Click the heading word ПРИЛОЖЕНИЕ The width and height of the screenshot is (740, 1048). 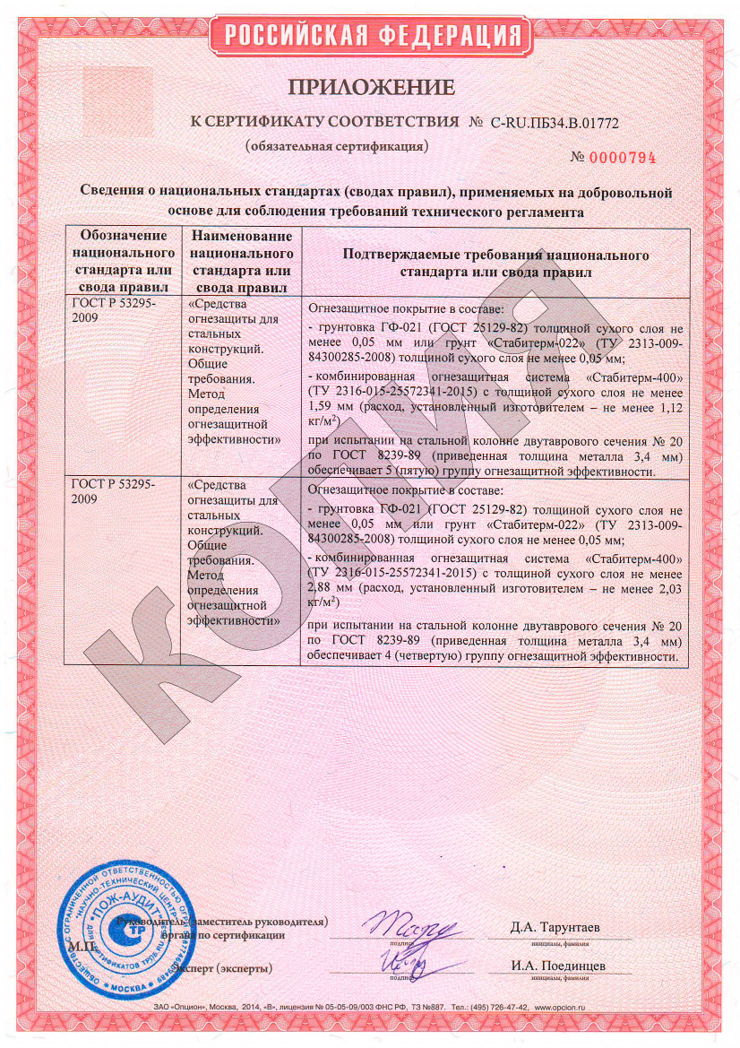370,87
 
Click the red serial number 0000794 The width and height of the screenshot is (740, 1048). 624,158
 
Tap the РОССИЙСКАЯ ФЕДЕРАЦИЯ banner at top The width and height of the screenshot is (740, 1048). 371,35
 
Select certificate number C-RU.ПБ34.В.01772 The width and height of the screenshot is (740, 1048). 555,121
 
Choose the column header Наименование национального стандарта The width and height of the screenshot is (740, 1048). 241,261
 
